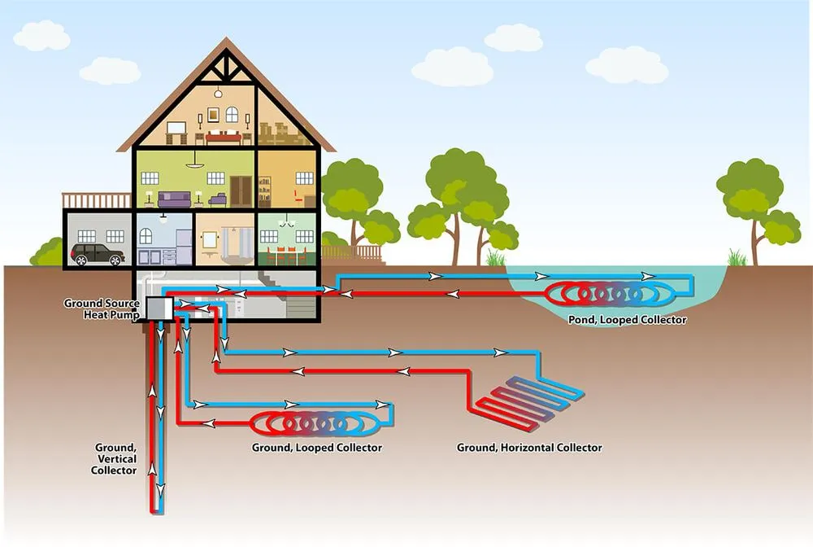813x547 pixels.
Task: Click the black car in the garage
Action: pos(98,254)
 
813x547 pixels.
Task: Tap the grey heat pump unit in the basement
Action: pos(158,309)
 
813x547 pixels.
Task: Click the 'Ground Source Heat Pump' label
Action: pos(102,309)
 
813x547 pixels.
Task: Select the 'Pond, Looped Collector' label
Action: pos(627,320)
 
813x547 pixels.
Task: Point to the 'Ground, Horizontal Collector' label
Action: pos(529,448)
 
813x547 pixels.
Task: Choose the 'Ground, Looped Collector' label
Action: pos(318,448)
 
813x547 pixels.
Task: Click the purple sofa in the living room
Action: pos(174,199)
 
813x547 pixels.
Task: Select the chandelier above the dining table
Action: pos(286,221)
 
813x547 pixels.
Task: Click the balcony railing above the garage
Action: pos(97,200)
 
